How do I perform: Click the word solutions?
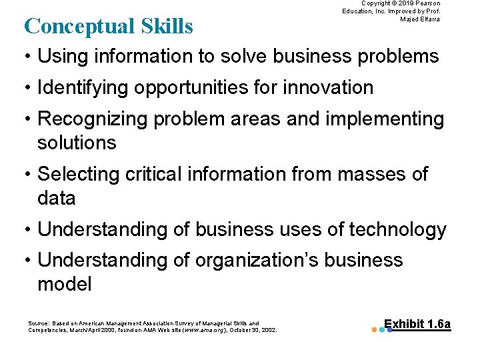[x=77, y=143]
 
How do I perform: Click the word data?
[x=56, y=198]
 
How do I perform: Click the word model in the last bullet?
[x=64, y=285]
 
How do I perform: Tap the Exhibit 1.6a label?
[x=417, y=325]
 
